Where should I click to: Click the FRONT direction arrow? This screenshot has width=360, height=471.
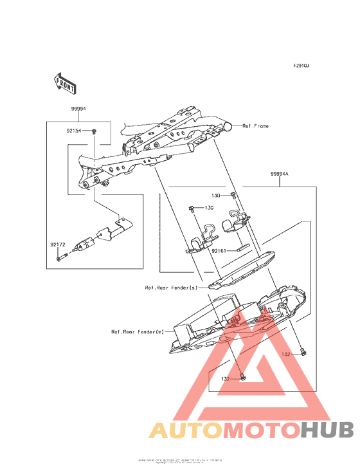pos(65,82)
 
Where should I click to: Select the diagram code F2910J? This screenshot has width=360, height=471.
pos(301,66)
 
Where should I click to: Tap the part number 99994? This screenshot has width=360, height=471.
pos(78,110)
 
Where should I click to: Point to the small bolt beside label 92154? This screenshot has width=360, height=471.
pos(93,131)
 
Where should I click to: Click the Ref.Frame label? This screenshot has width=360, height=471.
pos(255,126)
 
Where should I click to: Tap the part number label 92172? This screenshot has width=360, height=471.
pos(59,245)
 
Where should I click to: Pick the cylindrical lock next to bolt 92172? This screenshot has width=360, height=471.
pos(84,245)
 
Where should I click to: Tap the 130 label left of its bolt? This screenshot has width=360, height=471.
pos(217,194)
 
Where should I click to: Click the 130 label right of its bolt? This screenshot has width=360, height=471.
pos(209,208)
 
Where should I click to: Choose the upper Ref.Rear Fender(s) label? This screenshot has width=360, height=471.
pos(171,288)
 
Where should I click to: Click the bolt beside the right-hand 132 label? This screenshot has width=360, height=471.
pos(304,352)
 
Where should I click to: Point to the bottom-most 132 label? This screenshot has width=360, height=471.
pos(226,378)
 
